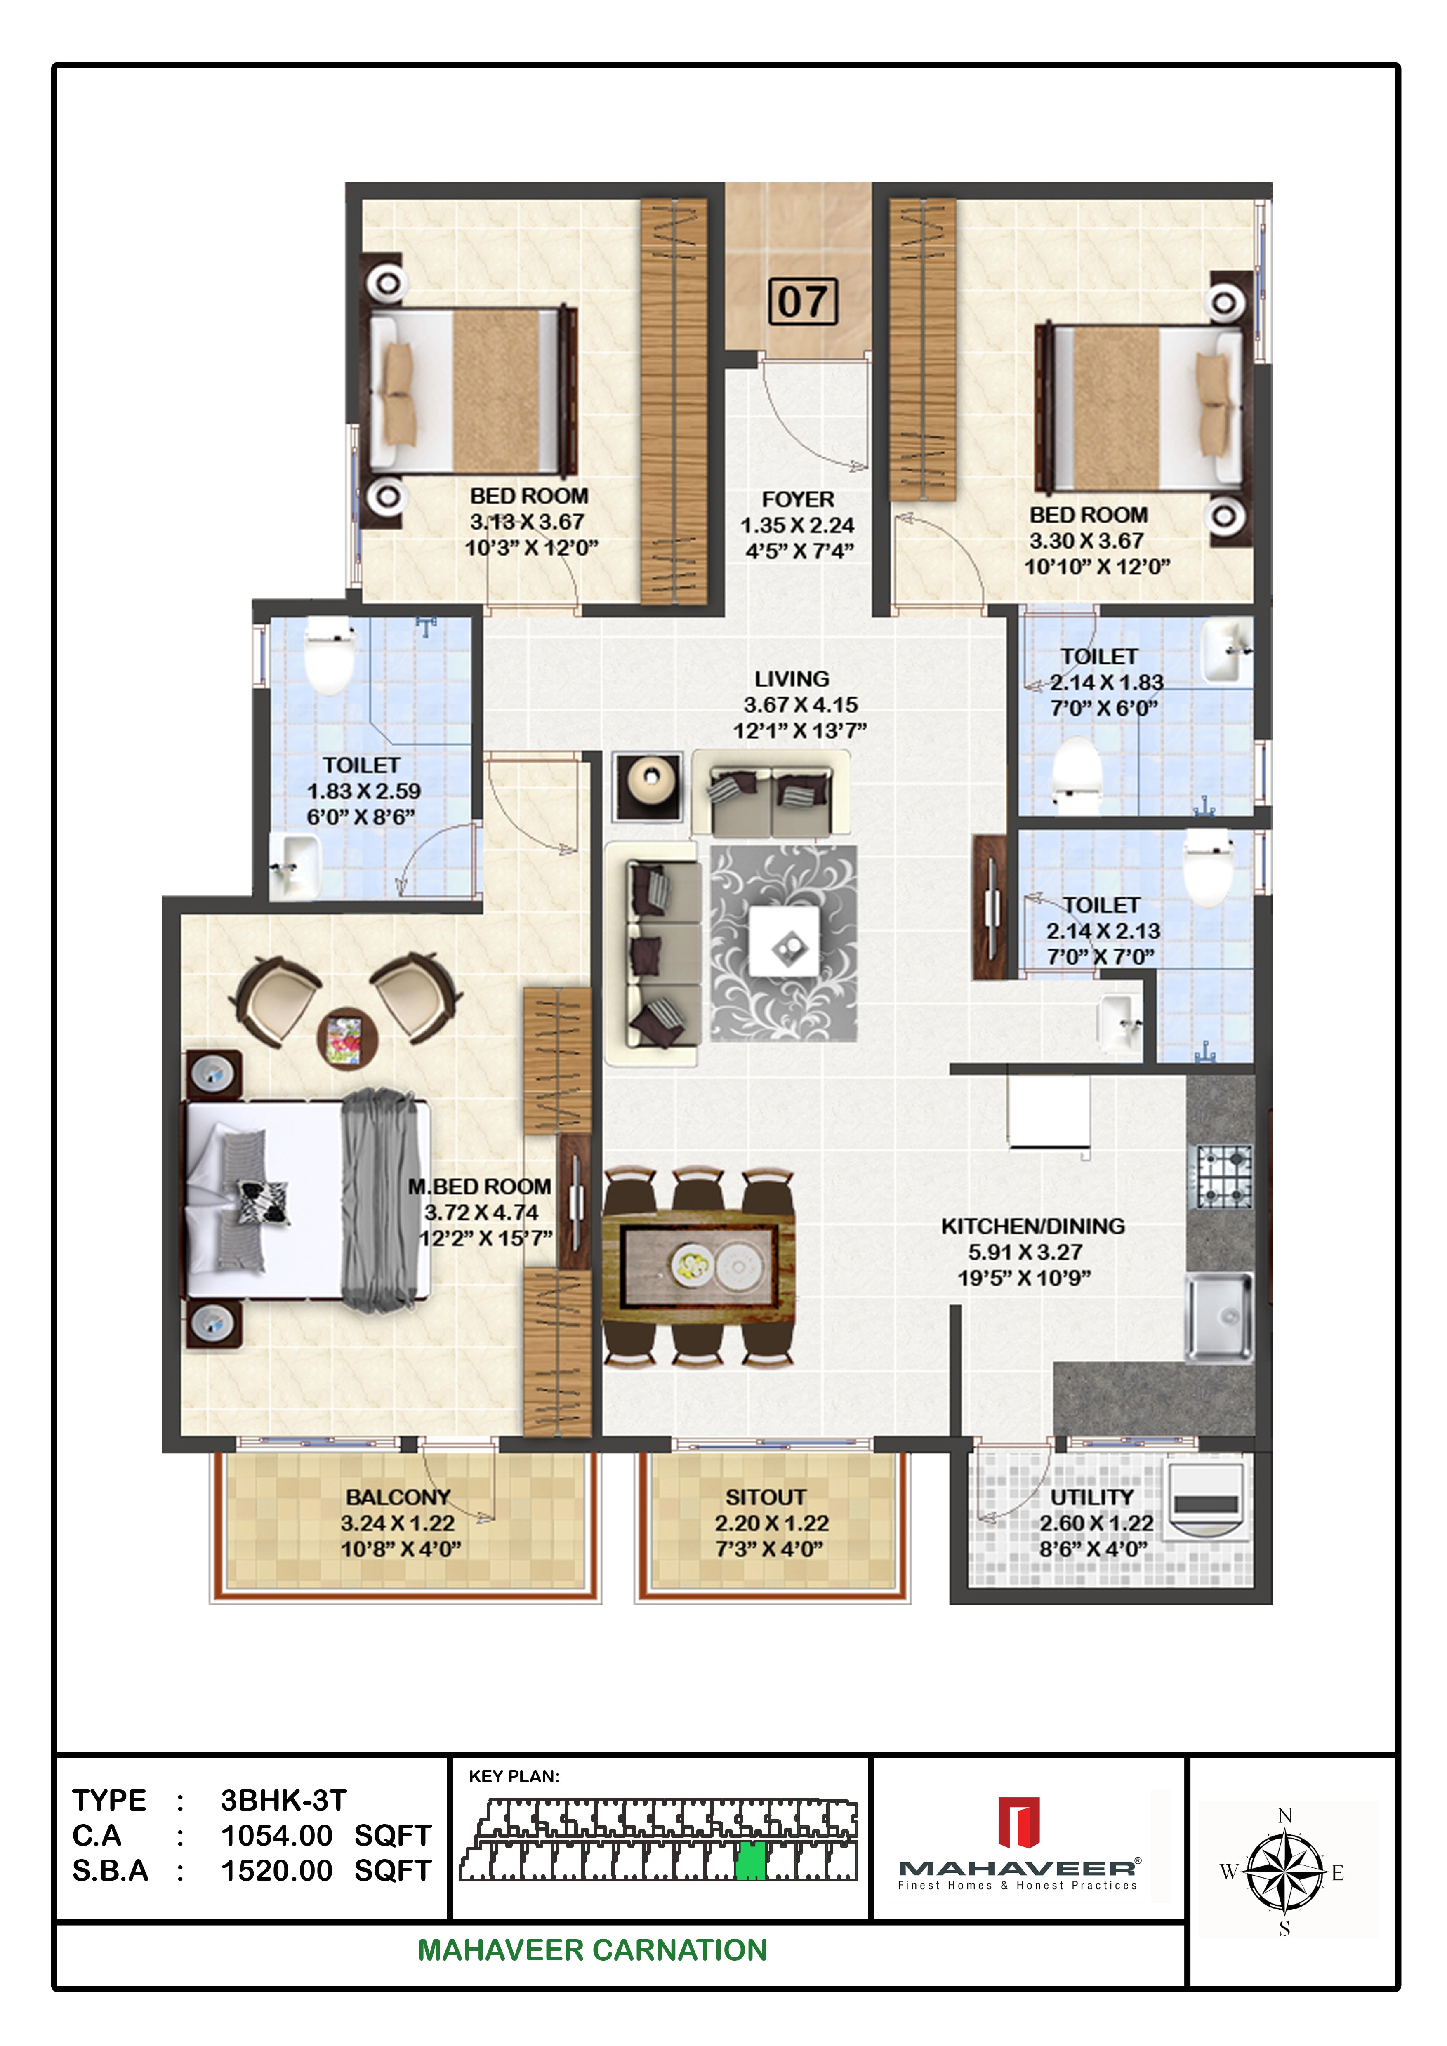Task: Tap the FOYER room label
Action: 797,500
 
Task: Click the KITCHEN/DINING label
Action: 1033,1226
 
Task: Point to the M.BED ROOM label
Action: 479,1187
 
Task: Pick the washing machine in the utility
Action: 1206,1501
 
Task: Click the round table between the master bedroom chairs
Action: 346,1038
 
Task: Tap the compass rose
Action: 1284,1872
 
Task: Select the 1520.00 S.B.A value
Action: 276,1872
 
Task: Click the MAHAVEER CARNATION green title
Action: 592,1950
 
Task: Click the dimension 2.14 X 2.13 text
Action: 1103,931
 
